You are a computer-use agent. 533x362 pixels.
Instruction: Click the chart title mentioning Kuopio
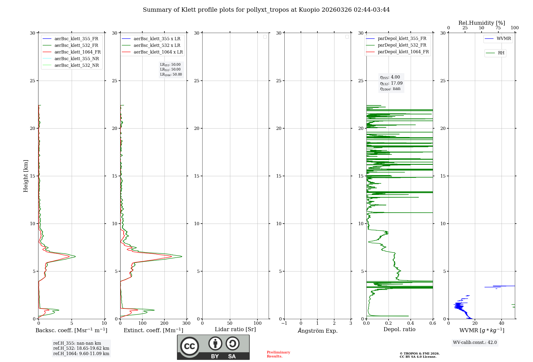(x=266, y=10)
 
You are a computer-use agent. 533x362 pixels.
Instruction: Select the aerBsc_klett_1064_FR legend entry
(x=77, y=52)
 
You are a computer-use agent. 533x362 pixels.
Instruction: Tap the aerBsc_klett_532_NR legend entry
(x=76, y=65)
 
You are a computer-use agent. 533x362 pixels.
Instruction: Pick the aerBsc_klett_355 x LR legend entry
(x=157, y=39)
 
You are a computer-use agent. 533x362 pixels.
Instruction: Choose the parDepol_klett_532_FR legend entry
(x=402, y=45)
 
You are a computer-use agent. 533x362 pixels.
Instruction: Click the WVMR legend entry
(x=503, y=39)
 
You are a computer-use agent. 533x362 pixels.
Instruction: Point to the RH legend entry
(x=501, y=53)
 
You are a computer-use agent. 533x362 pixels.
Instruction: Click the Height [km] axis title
(x=26, y=176)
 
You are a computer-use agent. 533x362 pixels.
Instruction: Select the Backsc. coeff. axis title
(x=71, y=330)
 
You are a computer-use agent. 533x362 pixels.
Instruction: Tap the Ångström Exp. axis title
(x=318, y=331)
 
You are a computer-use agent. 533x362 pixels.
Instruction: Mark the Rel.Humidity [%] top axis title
(x=482, y=23)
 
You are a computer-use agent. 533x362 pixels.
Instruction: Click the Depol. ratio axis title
(x=399, y=330)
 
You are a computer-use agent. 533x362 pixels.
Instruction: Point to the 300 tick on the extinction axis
(x=187, y=323)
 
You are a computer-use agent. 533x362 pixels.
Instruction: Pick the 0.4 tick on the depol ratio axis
(x=411, y=323)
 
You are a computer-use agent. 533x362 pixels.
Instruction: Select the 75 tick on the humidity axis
(x=498, y=28)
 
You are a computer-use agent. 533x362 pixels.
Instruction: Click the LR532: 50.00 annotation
(x=170, y=69)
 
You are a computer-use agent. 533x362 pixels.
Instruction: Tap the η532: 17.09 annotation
(x=391, y=83)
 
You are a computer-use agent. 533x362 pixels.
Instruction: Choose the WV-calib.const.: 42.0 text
(x=475, y=343)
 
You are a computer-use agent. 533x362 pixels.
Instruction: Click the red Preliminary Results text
(x=278, y=354)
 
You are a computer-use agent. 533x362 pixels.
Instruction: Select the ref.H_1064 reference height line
(x=81, y=354)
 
